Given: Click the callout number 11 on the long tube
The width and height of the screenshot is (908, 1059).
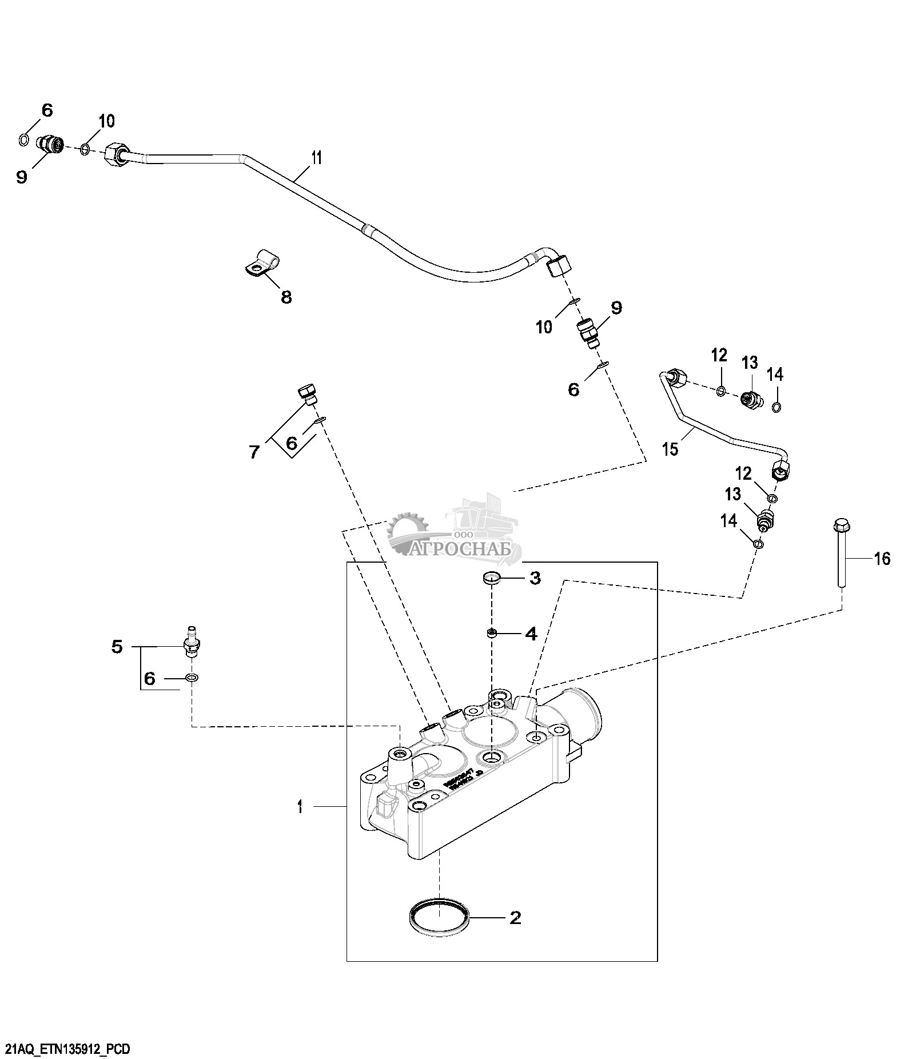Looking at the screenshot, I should [316, 158].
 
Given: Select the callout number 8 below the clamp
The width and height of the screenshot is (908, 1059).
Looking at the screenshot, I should [286, 297].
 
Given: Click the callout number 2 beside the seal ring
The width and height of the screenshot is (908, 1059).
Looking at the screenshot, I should [515, 918].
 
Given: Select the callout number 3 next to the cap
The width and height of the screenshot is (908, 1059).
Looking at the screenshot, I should [535, 578].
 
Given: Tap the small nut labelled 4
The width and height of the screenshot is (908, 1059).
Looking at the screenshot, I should [492, 632].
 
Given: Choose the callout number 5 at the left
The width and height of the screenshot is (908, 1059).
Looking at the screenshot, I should [117, 647].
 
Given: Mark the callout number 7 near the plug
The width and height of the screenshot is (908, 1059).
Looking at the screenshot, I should [254, 452].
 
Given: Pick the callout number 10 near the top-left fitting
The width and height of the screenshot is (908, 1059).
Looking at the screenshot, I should [107, 121].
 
